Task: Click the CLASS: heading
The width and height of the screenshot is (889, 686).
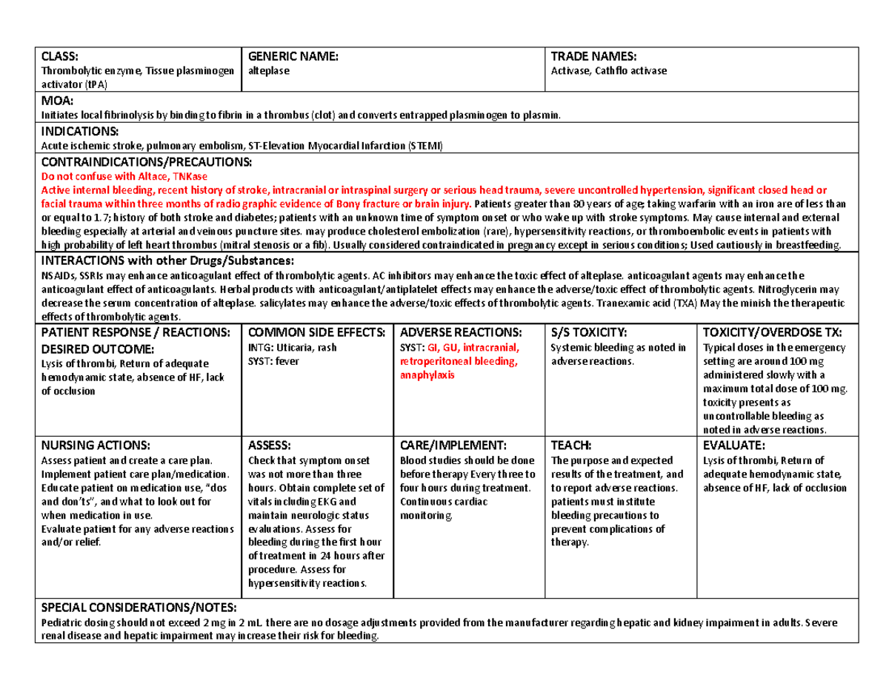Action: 58,56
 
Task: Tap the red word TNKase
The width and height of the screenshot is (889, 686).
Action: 190,176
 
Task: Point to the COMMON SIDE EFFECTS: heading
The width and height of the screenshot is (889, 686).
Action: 316,332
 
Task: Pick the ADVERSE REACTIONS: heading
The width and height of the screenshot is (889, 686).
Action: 460,332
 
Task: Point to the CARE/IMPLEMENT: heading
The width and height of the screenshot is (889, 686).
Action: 453,445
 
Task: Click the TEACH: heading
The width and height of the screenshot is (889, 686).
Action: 571,445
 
